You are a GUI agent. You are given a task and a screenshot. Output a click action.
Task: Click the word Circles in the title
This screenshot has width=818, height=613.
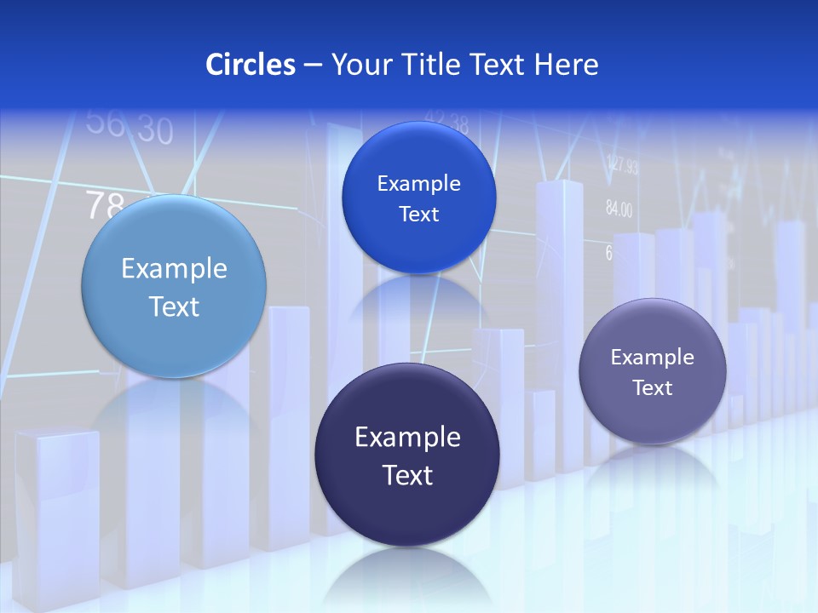[x=250, y=65]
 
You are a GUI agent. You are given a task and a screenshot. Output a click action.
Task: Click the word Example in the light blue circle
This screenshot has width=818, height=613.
[x=174, y=269]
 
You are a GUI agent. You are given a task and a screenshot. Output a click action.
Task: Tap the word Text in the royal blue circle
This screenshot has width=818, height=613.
[x=418, y=215]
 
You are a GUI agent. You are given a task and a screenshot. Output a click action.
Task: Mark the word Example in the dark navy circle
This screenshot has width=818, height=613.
[x=407, y=438]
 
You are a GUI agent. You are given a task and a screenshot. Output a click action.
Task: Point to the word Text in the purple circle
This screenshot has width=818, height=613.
[x=653, y=388]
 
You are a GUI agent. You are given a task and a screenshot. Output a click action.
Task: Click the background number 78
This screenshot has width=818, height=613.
[x=106, y=205]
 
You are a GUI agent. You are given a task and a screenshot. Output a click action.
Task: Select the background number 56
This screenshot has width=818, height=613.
[x=105, y=123]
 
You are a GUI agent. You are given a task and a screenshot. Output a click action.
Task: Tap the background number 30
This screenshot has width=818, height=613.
[x=154, y=130]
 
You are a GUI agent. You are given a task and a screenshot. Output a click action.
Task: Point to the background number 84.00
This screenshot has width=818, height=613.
[x=619, y=209]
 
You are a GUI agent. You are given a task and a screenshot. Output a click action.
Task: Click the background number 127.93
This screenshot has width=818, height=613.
[x=622, y=166]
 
